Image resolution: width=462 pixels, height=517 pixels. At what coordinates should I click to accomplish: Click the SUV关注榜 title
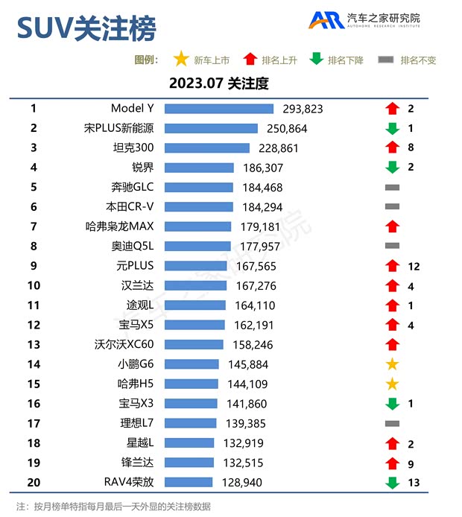pyautogui.click(x=86, y=28)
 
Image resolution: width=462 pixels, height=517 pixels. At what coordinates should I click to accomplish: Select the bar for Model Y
pyautogui.click(x=219, y=109)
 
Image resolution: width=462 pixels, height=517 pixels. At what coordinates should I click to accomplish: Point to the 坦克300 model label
pyautogui.click(x=133, y=148)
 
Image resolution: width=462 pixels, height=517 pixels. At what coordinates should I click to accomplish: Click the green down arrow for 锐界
pyautogui.click(x=393, y=168)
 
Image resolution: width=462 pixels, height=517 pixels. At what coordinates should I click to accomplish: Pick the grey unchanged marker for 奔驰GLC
pyautogui.click(x=393, y=188)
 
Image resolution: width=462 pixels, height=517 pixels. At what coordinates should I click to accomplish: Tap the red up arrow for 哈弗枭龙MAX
pyautogui.click(x=393, y=226)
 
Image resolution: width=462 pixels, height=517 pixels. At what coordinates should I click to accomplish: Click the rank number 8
pyautogui.click(x=34, y=246)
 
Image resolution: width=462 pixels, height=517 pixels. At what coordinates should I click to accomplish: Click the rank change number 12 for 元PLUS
pyautogui.click(x=414, y=266)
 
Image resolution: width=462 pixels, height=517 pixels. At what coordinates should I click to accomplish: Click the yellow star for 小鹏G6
pyautogui.click(x=393, y=364)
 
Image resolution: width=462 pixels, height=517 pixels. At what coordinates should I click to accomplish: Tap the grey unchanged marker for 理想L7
pyautogui.click(x=393, y=423)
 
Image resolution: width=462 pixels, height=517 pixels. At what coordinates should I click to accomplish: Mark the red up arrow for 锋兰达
pyautogui.click(x=393, y=463)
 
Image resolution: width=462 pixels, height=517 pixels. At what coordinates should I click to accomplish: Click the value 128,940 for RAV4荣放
pyautogui.click(x=244, y=483)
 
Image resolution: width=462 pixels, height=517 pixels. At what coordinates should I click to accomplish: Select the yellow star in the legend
pyautogui.click(x=180, y=60)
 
